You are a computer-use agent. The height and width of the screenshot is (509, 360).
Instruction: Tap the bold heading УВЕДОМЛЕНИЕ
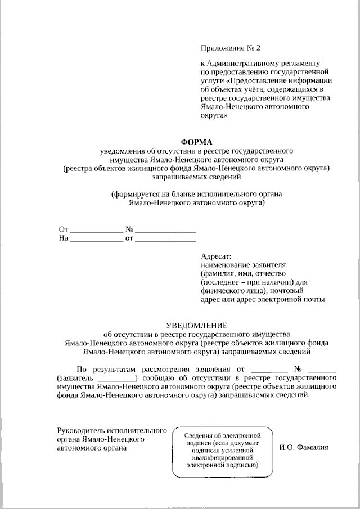point(196,325)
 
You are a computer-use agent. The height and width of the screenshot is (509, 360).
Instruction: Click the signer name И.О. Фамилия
point(304,448)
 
